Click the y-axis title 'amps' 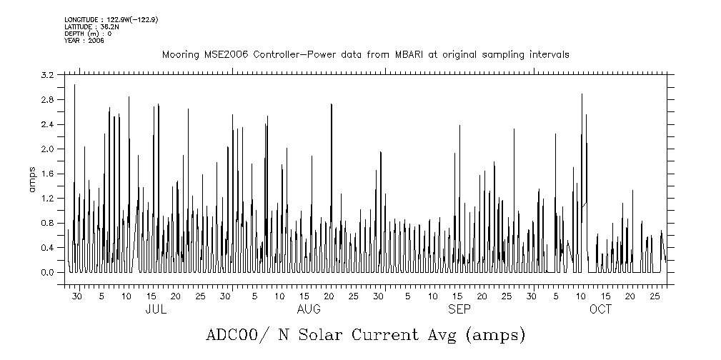(x=32, y=179)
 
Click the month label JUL (x=156, y=310)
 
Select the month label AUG (x=308, y=310)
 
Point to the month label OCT (x=600, y=310)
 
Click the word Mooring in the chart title (x=177, y=55)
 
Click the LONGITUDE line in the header (x=111, y=19)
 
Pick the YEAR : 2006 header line (x=84, y=41)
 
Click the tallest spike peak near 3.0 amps (x=74, y=85)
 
